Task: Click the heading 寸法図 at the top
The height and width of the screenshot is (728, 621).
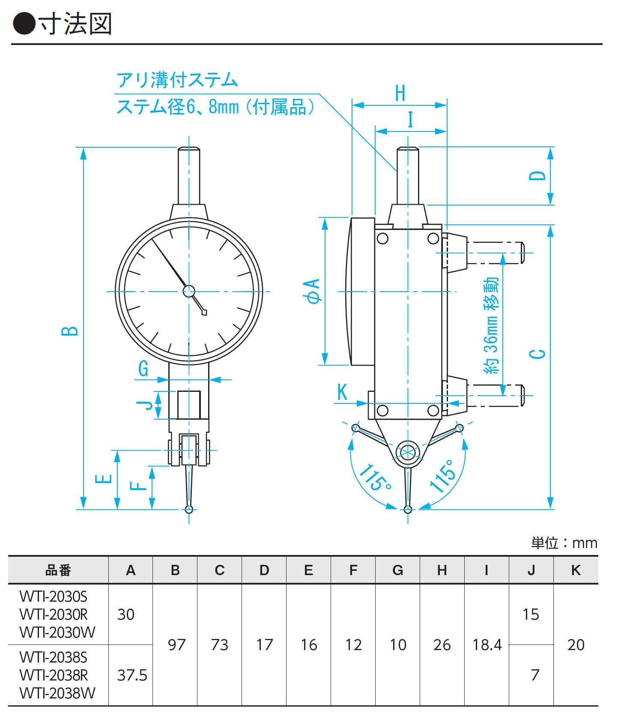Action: coord(75,24)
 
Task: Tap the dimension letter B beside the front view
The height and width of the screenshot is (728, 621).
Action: coord(70,331)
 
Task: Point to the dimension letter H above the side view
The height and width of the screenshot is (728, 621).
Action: coord(400,93)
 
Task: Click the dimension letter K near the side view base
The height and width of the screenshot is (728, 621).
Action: coord(342,392)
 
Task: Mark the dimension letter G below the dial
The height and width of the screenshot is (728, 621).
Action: coord(143,368)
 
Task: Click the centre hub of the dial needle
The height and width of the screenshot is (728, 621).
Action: coord(189,291)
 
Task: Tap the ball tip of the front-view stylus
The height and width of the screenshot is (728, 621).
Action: coord(189,509)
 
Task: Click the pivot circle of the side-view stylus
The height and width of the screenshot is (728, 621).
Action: coord(408,452)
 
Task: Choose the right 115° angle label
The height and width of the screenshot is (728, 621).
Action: coord(442,476)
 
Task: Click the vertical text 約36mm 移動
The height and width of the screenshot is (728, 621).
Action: coord(491,325)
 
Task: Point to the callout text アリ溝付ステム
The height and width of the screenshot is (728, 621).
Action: coord(177,80)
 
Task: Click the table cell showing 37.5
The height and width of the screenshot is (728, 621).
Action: coord(132,675)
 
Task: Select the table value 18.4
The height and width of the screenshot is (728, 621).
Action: coord(487,644)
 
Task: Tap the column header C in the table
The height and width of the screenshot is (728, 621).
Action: coord(220,570)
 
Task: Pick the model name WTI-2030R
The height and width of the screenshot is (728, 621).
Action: coord(54,615)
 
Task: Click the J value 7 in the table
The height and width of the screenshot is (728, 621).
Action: coord(535,675)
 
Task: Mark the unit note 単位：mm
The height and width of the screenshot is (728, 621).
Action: coord(564,543)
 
